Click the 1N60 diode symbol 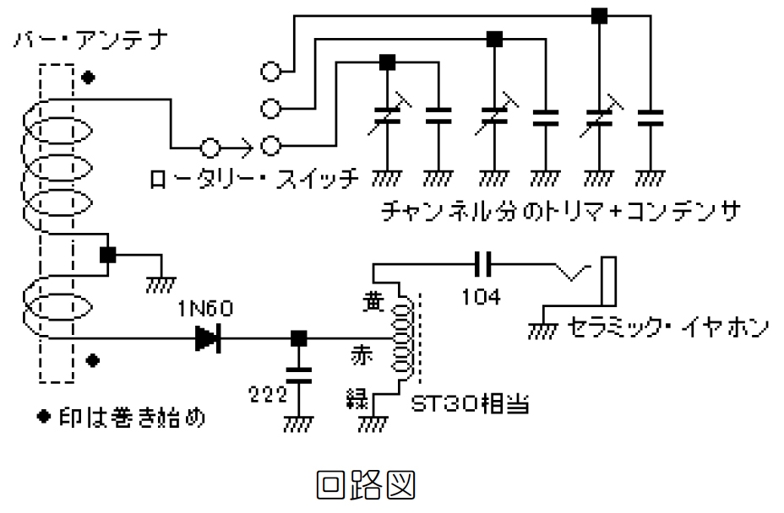point(207,338)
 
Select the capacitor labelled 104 point(483,265)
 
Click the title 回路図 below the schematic point(366,486)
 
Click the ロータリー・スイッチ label point(254,180)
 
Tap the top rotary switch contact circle point(270,72)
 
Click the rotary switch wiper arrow point(242,148)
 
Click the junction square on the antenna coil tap point(108,255)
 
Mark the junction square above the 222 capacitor point(297,339)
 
